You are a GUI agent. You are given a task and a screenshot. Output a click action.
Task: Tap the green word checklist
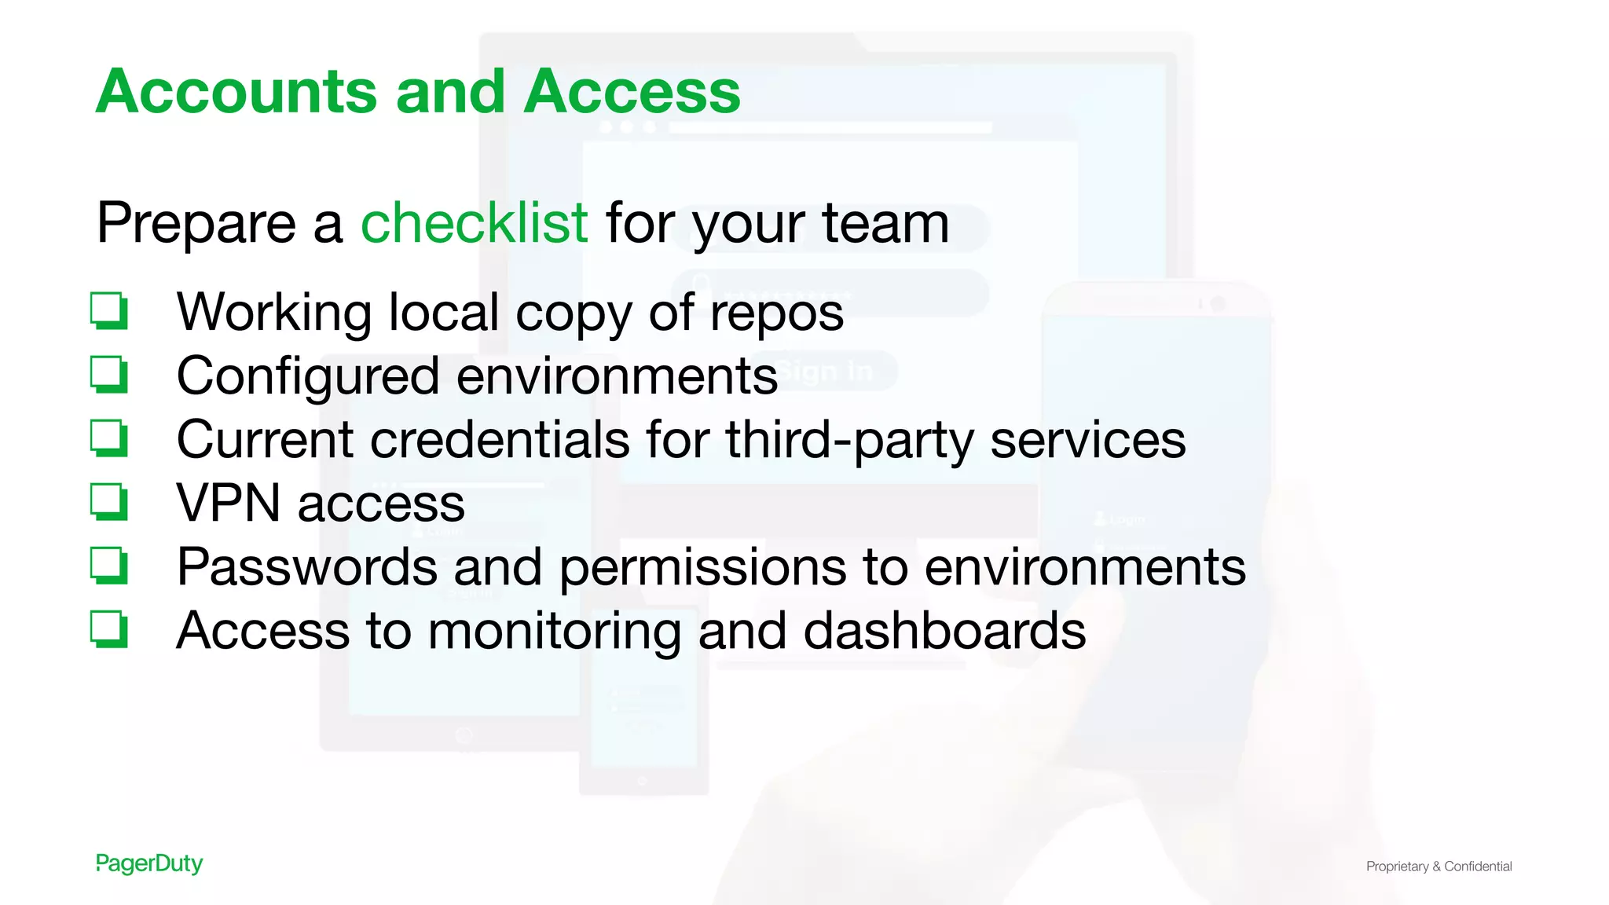click(474, 223)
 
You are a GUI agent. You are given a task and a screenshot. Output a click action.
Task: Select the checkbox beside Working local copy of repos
click(108, 310)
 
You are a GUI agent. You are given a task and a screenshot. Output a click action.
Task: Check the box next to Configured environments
click(108, 374)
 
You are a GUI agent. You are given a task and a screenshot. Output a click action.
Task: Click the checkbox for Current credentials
click(108, 438)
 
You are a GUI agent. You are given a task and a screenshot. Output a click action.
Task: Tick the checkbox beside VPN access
click(108, 501)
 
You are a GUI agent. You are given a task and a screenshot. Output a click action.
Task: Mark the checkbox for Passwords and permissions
click(108, 565)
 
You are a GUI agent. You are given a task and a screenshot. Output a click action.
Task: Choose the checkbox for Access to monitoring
click(108, 628)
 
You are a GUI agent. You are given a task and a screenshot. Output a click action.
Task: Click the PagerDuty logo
click(149, 863)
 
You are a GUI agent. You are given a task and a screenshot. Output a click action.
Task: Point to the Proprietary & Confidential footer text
click(1439, 866)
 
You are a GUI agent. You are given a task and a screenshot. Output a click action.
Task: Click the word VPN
click(229, 503)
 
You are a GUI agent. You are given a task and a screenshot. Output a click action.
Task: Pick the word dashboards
click(944, 630)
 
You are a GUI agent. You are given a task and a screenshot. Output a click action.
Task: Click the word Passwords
click(306, 566)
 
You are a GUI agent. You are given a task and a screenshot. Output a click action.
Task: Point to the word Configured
click(307, 377)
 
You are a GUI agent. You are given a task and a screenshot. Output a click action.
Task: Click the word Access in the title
click(632, 92)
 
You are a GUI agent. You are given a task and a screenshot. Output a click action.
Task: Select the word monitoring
click(554, 632)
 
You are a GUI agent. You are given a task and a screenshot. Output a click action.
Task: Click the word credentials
click(500, 439)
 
